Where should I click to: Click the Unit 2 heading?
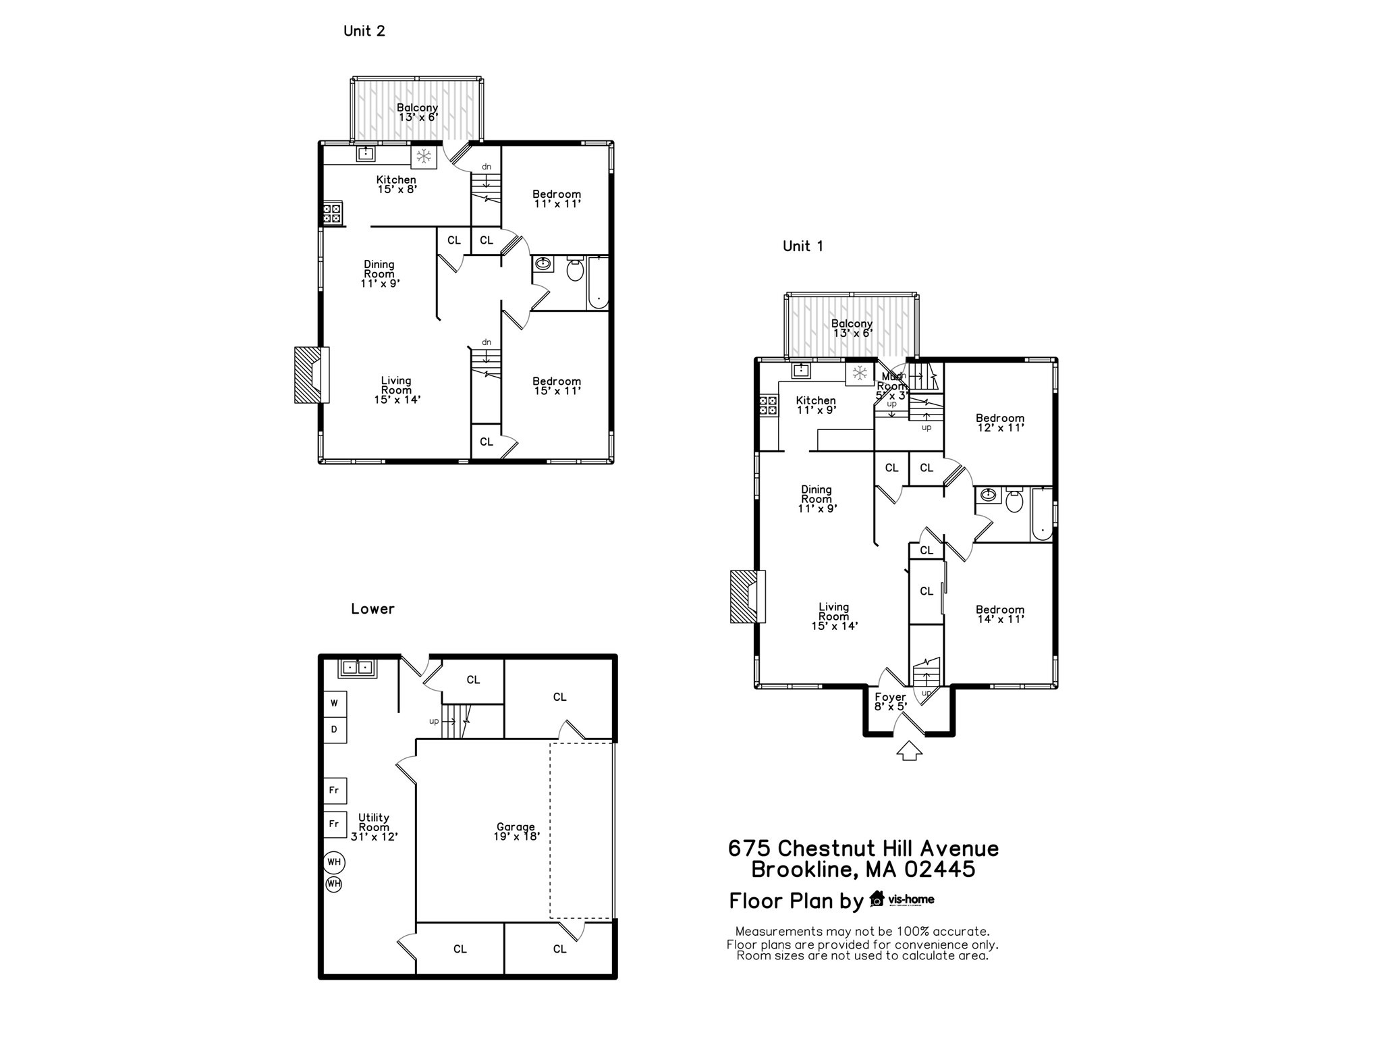364,31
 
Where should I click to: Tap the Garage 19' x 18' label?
516,831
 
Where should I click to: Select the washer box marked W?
334,703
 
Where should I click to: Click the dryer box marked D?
334,730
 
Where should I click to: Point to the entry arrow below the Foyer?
909,751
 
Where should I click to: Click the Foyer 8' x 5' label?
890,701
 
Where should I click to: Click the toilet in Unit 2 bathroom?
575,269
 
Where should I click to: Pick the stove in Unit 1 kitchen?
768,405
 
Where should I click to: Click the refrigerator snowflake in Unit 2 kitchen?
424,157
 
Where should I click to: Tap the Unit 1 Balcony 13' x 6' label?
852,328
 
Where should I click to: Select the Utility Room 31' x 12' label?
374,827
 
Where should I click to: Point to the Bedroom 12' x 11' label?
999,423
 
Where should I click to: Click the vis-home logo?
902,899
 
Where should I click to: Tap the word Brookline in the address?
802,870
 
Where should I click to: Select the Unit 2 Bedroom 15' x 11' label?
556,385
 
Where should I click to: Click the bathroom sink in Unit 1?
987,496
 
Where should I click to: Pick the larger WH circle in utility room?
334,862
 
